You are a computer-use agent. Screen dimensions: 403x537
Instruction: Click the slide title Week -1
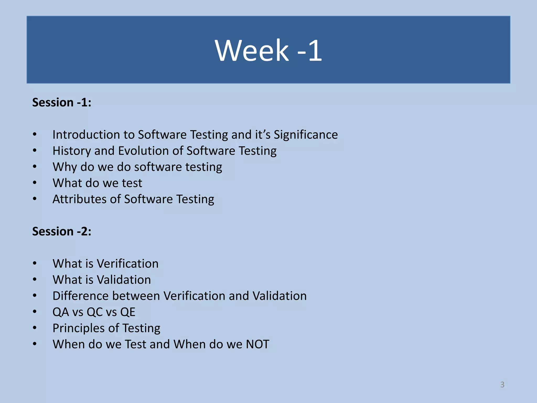tap(268, 50)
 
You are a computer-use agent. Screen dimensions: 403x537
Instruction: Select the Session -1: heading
tap(62, 102)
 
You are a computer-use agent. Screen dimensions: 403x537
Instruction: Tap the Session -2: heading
tap(62, 231)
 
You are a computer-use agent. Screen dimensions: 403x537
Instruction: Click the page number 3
tap(502, 385)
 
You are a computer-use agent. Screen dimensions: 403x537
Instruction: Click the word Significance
tap(306, 135)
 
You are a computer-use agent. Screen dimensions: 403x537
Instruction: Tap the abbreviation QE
tap(128, 312)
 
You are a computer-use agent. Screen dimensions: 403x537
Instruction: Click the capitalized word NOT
tap(257, 344)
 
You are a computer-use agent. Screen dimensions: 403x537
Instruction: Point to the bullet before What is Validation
tap(35, 279)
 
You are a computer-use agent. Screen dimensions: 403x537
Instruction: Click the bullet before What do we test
tap(35, 183)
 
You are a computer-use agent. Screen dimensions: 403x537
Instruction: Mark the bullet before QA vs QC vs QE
tap(35, 312)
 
